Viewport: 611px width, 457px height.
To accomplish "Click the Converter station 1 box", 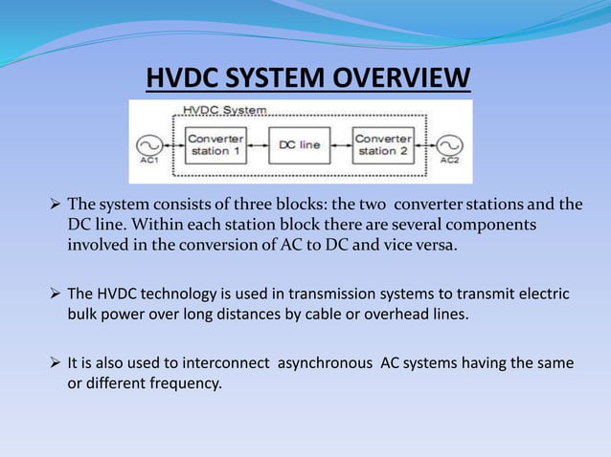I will click(214, 144).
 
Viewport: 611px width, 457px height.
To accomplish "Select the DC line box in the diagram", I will click(299, 145).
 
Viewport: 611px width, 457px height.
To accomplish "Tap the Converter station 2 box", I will click(383, 144).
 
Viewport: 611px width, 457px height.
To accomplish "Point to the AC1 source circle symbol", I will click(149, 145).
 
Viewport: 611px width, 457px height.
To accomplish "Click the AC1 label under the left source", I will click(149, 161).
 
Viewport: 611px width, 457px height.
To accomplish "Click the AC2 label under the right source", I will click(449, 161).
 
